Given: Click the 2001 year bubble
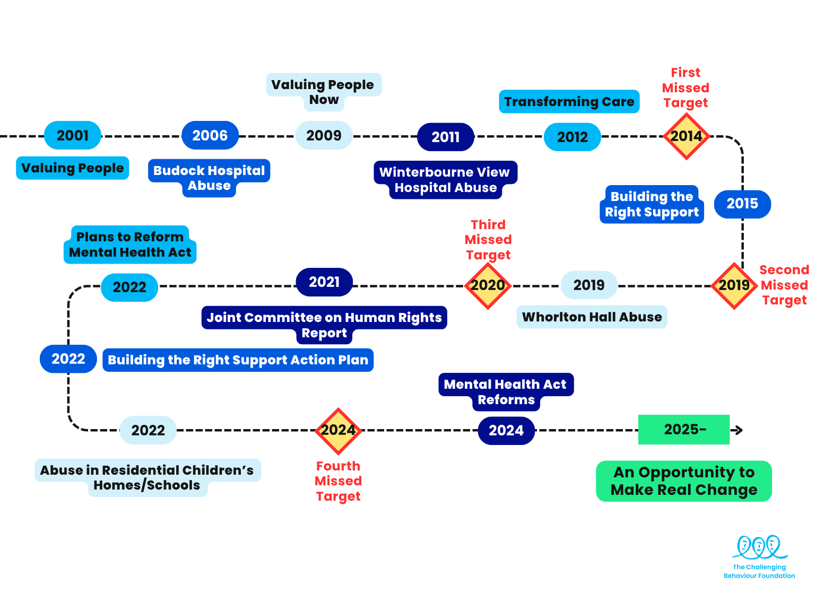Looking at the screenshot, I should coord(73,136).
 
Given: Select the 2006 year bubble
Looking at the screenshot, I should coord(210,136).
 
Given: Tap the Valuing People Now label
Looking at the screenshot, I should coord(323,92).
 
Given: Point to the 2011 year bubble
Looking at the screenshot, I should coord(446,137).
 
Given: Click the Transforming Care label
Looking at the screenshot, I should coord(569,101).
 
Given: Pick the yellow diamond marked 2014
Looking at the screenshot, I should coord(686,136).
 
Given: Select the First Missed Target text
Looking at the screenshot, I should coord(686,88).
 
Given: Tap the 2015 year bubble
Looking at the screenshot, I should coord(742,204).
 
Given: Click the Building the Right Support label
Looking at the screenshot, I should coord(652,204).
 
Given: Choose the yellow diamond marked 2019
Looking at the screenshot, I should coord(734,285).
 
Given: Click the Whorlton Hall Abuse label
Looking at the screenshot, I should coord(592,317).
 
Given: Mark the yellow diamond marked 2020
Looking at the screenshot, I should coord(488,285).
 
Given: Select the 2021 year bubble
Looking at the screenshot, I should coord(324,282).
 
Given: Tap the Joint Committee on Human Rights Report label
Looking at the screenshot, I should coord(324,325).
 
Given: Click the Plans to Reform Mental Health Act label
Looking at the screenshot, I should coord(130,245).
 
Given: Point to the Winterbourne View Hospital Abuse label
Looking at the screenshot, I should coord(445,180).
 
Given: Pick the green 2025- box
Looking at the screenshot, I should coord(684,429).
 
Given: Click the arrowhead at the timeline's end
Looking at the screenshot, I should coord(739,430).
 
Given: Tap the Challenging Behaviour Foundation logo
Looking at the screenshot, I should coord(759,556).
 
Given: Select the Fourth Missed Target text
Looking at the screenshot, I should coord(338,481).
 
